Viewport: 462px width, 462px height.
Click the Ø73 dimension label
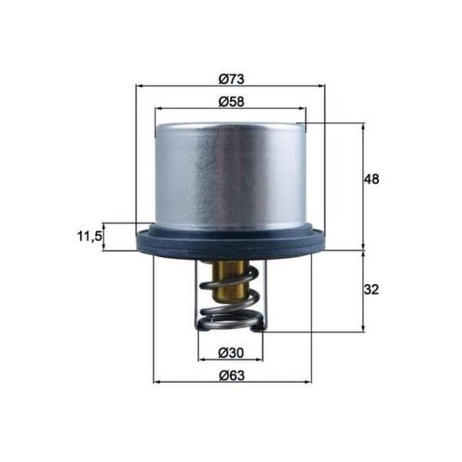point(231,79)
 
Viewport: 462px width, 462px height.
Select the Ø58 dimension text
point(231,102)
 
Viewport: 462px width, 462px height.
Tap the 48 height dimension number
point(371,179)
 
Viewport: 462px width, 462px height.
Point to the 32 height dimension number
point(371,290)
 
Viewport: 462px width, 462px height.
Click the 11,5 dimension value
point(89,236)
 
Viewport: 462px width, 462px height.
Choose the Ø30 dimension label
point(231,353)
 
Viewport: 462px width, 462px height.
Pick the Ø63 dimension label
point(232,375)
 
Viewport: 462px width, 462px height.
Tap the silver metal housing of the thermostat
point(230,176)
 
